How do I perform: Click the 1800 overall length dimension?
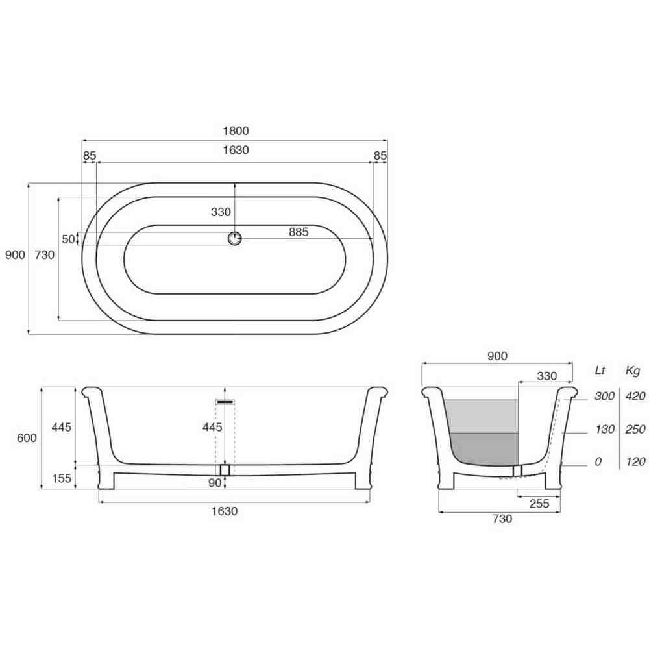click(x=236, y=131)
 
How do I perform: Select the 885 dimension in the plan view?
click(x=299, y=232)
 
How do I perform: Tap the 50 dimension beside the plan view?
click(x=68, y=239)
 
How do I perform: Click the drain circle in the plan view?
click(x=235, y=239)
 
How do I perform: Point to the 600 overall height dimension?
click(x=27, y=437)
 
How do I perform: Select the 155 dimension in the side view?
click(x=62, y=478)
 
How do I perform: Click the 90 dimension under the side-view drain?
click(x=215, y=483)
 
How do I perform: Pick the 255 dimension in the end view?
click(x=539, y=504)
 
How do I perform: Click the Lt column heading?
click(x=600, y=371)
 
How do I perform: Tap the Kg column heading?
click(x=633, y=371)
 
